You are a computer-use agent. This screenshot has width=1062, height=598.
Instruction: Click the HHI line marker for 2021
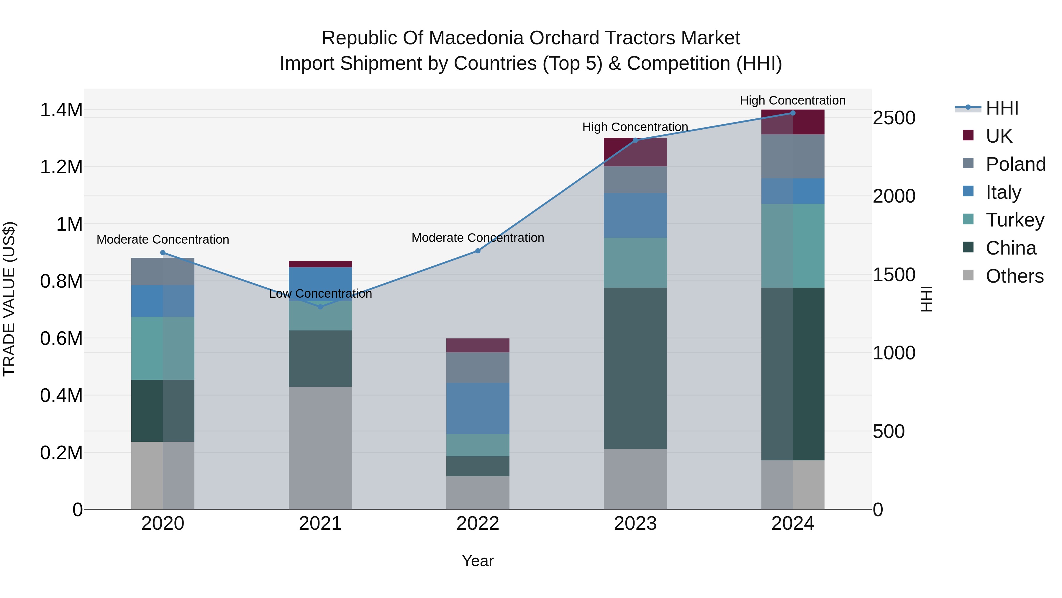click(x=320, y=307)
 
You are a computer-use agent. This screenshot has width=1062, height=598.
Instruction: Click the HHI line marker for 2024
click(x=792, y=113)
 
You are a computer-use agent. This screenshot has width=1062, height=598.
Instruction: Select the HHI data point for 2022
click(x=478, y=251)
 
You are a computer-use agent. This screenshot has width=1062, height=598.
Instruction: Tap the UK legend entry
click(x=999, y=136)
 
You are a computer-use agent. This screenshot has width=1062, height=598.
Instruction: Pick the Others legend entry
click(x=1014, y=276)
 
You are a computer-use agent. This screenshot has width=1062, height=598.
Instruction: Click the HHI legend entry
click(x=1002, y=108)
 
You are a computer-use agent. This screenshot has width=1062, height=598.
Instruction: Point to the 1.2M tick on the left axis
click(x=61, y=167)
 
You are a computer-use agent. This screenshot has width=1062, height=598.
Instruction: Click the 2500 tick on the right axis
click(x=894, y=118)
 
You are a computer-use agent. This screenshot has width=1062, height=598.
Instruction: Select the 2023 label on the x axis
click(x=635, y=524)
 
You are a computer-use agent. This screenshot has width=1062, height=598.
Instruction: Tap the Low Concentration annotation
click(x=320, y=294)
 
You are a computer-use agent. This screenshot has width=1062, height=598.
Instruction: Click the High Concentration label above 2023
click(x=635, y=127)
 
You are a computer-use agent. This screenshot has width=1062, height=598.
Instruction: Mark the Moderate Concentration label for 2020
click(x=163, y=239)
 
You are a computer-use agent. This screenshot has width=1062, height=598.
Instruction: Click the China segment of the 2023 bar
click(x=635, y=368)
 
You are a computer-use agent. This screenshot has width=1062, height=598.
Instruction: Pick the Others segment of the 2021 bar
click(x=320, y=448)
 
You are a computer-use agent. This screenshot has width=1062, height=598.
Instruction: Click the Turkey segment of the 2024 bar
click(x=792, y=246)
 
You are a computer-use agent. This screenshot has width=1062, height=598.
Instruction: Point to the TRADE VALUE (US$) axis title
click(x=9, y=299)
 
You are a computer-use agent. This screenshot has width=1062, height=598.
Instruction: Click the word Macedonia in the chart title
click(x=477, y=38)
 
